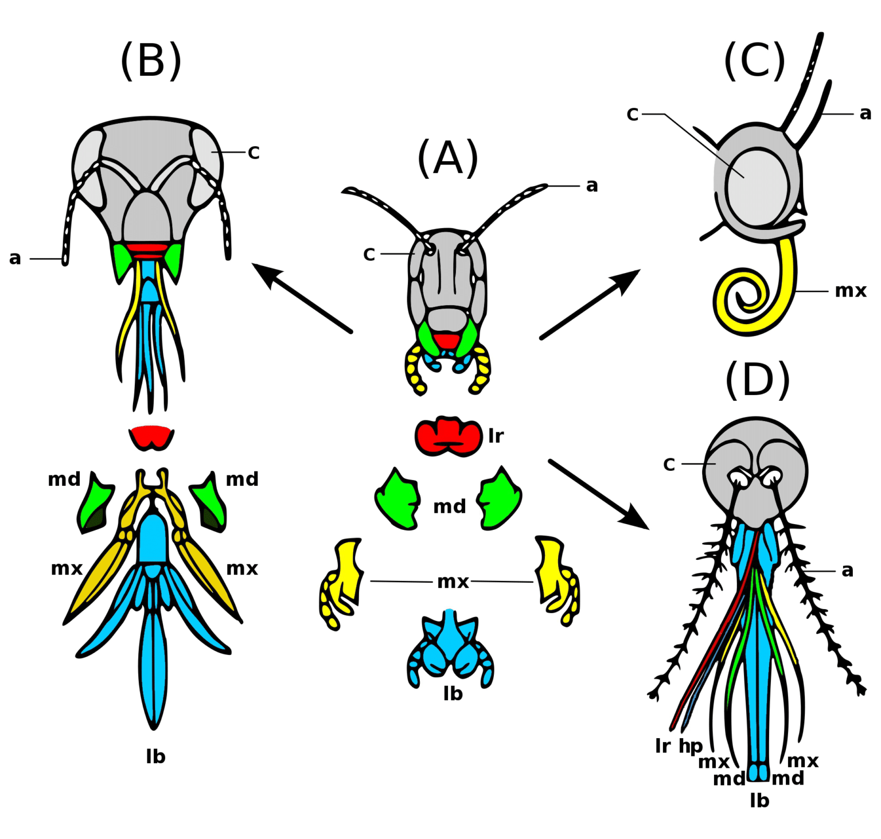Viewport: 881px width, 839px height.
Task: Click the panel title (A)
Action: tap(447, 158)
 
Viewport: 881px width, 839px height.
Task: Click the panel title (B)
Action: tap(151, 60)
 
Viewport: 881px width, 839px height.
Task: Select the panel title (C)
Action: tap(754, 60)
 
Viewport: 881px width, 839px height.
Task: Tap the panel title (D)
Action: tap(758, 380)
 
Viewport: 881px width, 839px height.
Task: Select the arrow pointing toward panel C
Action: tap(590, 304)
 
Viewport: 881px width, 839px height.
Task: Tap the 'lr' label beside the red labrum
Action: tap(496, 436)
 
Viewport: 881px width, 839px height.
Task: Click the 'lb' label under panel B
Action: tap(155, 757)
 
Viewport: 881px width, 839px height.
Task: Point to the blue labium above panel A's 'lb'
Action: tap(450, 648)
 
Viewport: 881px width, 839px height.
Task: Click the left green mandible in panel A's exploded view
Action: tap(397, 499)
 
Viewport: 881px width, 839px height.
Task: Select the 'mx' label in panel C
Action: tap(850, 291)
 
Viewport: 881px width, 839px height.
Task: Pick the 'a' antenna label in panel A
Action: tap(592, 186)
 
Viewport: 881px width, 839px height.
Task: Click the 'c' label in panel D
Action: tap(669, 464)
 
